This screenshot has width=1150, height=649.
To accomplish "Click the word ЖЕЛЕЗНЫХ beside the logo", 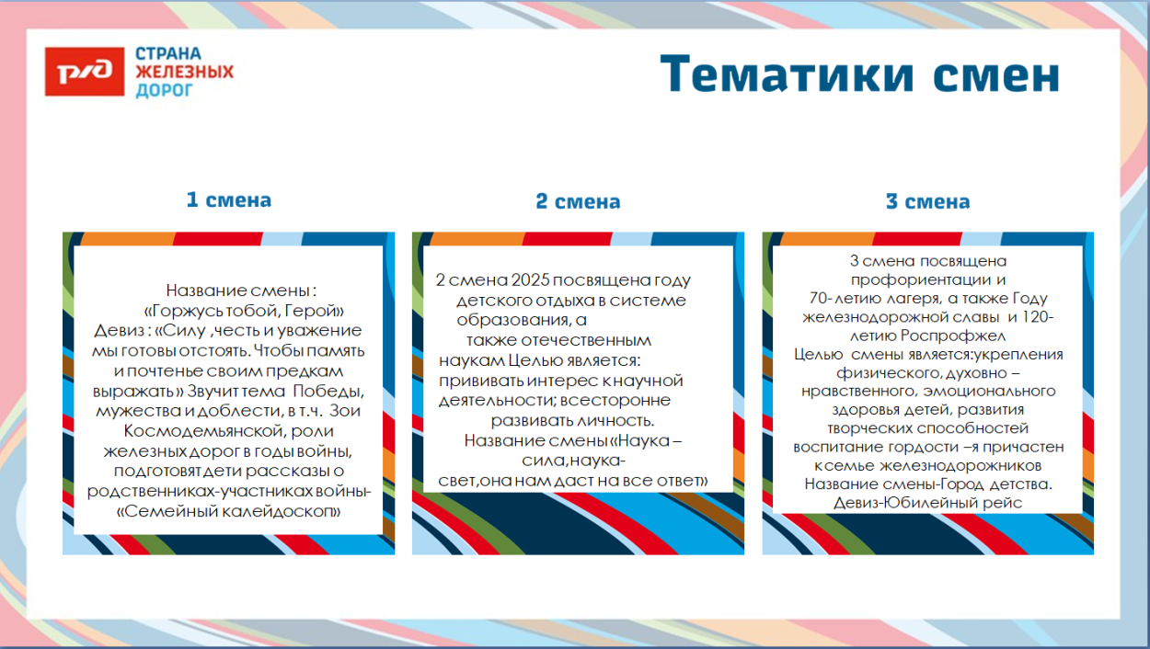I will tap(185, 72).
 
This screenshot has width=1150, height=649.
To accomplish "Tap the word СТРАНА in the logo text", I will tap(168, 53).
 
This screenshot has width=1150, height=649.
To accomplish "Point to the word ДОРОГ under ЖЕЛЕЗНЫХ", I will tap(165, 90).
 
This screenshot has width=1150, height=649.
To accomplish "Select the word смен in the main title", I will tap(998, 74).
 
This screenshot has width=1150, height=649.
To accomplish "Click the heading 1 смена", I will tap(228, 199).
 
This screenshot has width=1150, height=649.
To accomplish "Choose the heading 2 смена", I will tap(578, 201).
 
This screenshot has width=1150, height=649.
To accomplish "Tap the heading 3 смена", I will tap(927, 201).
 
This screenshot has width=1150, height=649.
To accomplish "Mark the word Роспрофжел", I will tap(959, 336).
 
